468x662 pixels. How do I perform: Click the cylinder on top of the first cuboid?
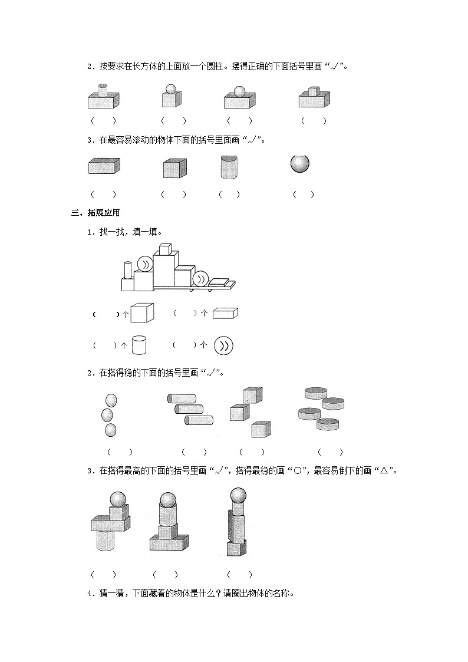point(103,90)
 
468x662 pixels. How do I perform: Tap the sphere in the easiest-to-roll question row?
point(301,163)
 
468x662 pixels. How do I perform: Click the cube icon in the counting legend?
point(142,312)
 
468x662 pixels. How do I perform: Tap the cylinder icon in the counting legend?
point(139,345)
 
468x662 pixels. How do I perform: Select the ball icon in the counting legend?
point(224,345)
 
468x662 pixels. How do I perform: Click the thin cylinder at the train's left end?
point(126,269)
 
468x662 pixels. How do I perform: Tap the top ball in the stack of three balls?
point(111,401)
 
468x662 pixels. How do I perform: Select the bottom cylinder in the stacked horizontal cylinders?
point(199,420)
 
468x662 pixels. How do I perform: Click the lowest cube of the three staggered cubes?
point(260,430)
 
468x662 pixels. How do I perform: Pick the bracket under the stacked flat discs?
point(330,452)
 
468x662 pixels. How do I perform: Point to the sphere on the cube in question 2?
point(172,90)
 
